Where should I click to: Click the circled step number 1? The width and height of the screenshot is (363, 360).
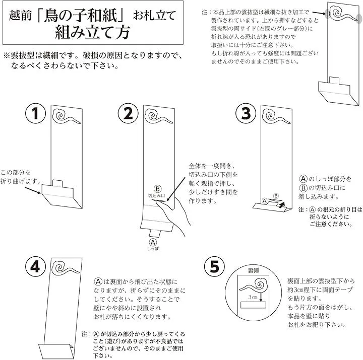(x=35, y=113)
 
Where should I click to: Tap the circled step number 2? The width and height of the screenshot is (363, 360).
(x=128, y=113)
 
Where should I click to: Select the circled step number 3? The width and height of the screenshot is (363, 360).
(x=246, y=113)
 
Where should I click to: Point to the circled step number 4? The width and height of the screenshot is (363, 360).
(x=35, y=266)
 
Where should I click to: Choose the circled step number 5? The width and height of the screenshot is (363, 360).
(x=214, y=266)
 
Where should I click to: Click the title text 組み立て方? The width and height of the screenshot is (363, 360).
(x=93, y=32)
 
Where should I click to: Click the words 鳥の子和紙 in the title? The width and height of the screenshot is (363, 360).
(x=83, y=15)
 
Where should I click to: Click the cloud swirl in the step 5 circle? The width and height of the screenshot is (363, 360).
(x=254, y=285)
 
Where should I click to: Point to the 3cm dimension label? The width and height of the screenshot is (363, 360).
(x=253, y=297)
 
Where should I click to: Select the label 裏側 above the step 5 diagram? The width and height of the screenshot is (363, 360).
(x=253, y=270)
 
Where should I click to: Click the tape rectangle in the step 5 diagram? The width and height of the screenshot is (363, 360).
(x=253, y=305)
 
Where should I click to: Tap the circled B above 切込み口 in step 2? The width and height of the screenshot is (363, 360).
(x=157, y=189)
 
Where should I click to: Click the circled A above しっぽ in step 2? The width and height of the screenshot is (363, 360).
(x=153, y=242)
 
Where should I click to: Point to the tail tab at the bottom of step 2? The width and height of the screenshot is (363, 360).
(x=155, y=233)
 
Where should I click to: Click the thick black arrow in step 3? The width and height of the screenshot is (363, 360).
(x=281, y=204)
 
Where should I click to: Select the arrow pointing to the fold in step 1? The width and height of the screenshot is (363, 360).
(x=33, y=190)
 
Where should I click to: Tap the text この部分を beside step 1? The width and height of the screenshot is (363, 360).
(x=16, y=172)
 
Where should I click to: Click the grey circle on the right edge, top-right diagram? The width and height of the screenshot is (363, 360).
(x=359, y=19)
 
